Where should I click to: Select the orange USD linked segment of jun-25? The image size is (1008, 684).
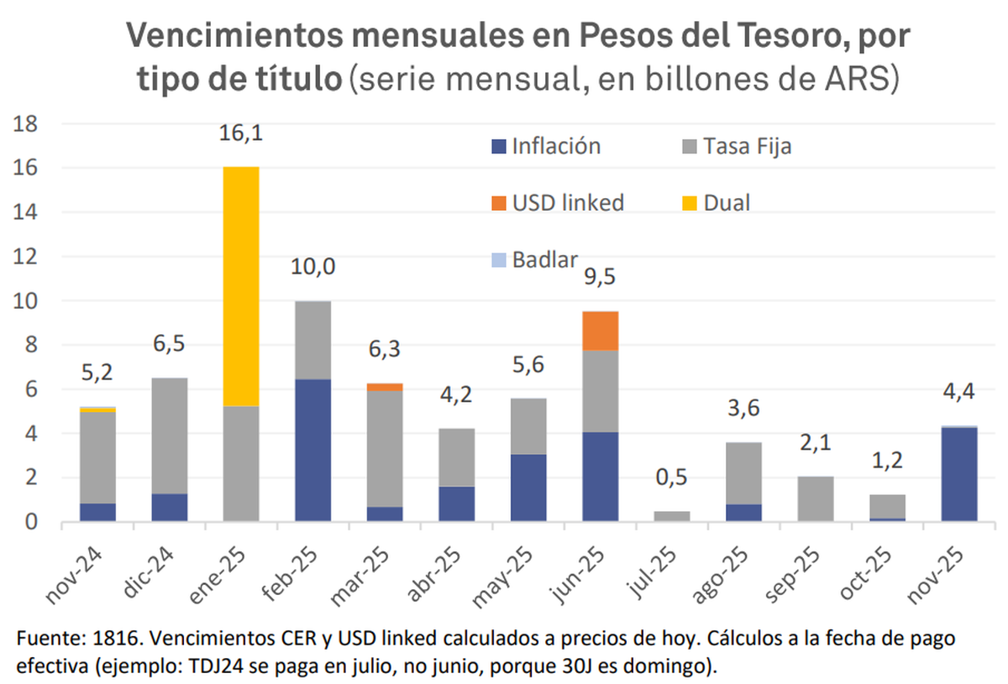click(x=601, y=330)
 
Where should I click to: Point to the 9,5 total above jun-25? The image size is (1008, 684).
click(x=601, y=276)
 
